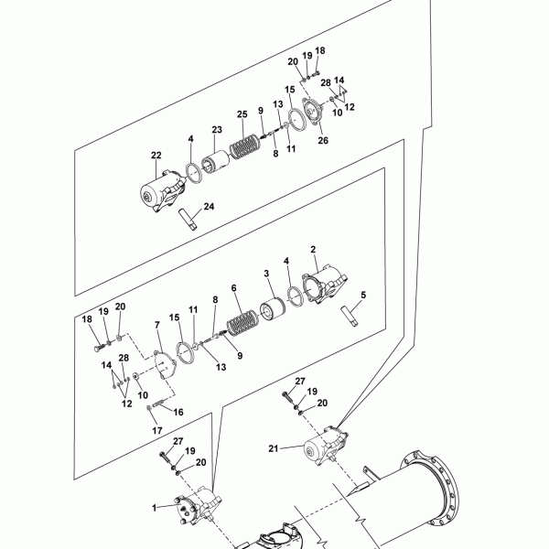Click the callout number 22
(156, 156)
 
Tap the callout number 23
(217, 130)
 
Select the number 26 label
(323, 140)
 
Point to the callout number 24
(209, 207)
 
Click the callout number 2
(313, 249)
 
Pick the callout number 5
(363, 295)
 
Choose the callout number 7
(157, 325)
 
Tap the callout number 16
(178, 412)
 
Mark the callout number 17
(157, 430)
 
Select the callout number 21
(274, 448)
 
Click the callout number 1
(154, 508)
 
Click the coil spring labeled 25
(245, 146)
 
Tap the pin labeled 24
(188, 220)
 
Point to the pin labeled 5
(350, 317)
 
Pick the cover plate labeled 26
(312, 111)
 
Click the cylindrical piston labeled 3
(273, 308)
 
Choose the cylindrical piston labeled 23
(215, 163)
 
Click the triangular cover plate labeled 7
(165, 365)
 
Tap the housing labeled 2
(325, 285)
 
